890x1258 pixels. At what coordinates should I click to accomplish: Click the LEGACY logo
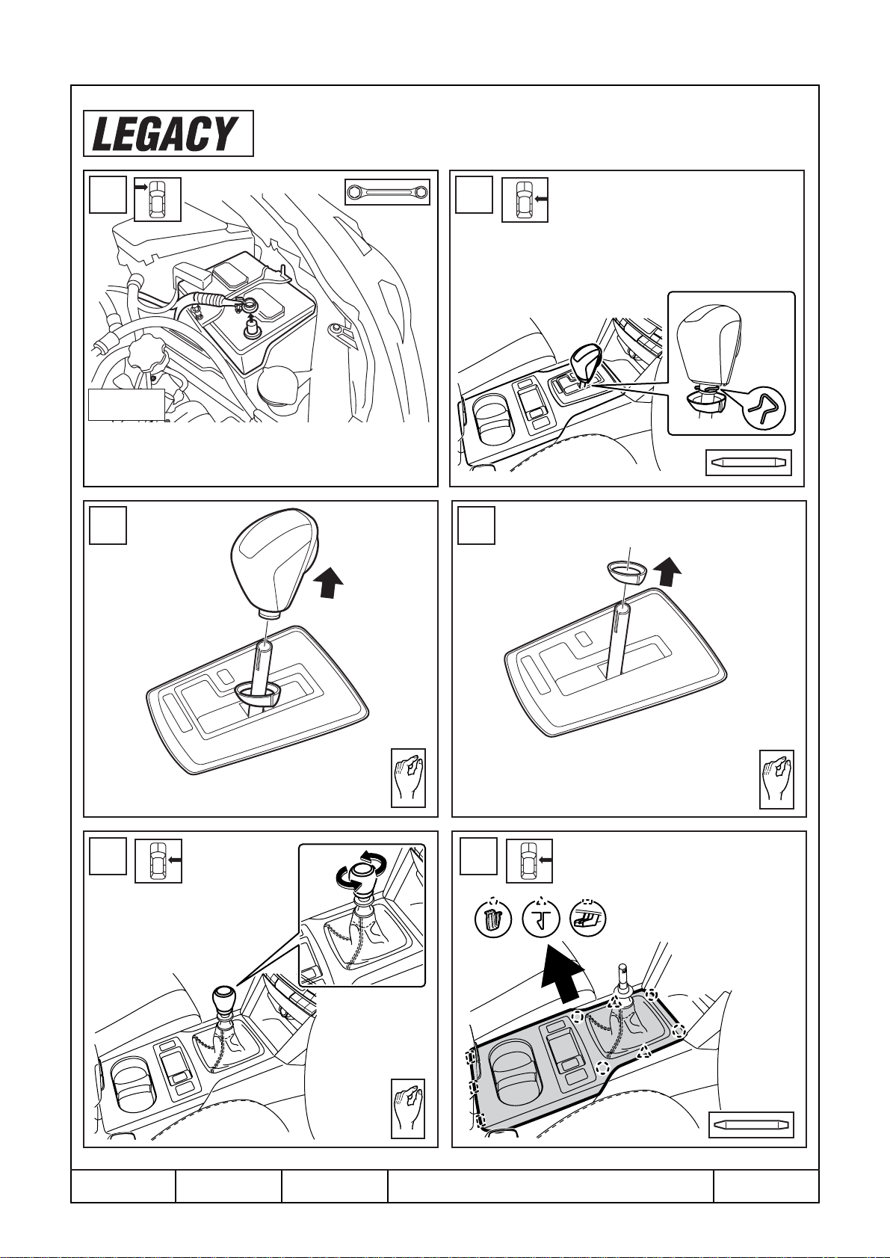click(168, 133)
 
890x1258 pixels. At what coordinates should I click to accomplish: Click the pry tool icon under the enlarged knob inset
click(749, 463)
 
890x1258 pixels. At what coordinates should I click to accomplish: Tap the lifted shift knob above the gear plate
click(275, 562)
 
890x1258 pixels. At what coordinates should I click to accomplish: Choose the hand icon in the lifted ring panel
click(776, 779)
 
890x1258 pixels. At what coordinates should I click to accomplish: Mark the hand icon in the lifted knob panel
click(408, 778)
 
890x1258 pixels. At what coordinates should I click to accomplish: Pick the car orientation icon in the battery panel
click(158, 200)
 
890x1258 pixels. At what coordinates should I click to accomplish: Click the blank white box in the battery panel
click(126, 404)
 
